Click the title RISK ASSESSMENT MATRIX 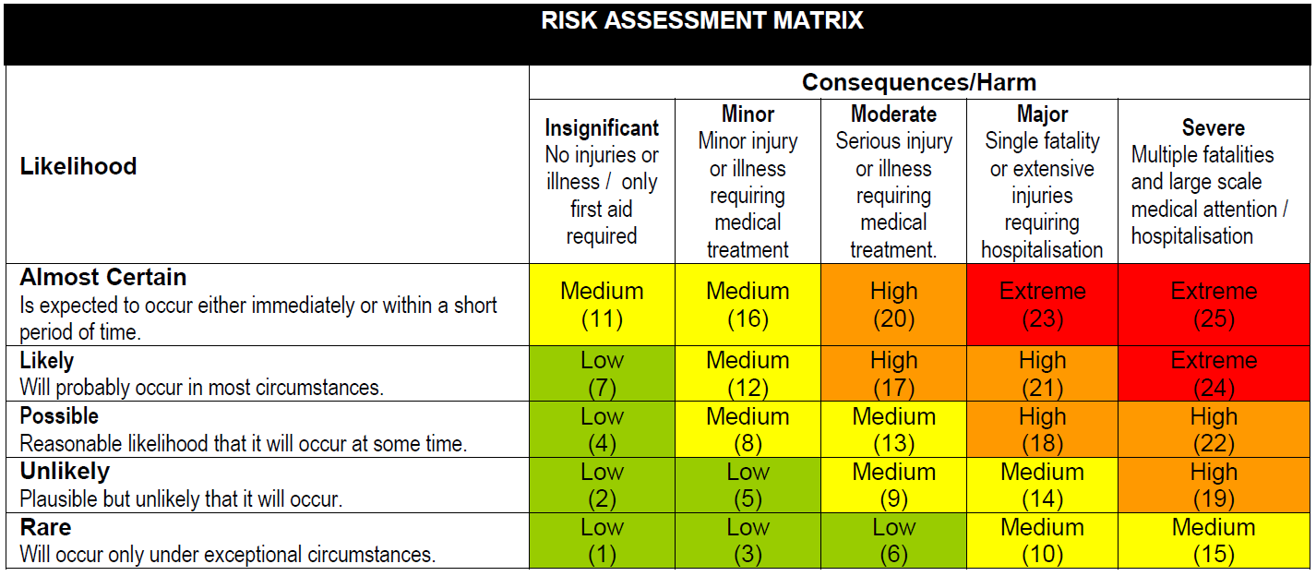(x=702, y=21)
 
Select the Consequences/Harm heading (x=918, y=82)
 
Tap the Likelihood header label (x=78, y=166)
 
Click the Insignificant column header (x=602, y=128)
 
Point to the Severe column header (x=1213, y=128)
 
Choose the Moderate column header (x=893, y=114)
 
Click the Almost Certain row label (x=103, y=277)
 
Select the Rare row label (x=45, y=527)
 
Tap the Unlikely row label (x=65, y=472)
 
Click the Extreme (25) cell (x=1213, y=305)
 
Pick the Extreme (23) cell (x=1042, y=305)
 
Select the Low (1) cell (x=602, y=540)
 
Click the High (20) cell (x=893, y=305)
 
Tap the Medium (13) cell (x=893, y=429)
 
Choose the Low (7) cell (x=602, y=373)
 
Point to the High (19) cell (x=1213, y=485)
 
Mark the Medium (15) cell (x=1213, y=540)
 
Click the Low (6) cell (x=893, y=540)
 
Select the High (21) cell (x=1042, y=373)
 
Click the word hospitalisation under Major (x=1042, y=250)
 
